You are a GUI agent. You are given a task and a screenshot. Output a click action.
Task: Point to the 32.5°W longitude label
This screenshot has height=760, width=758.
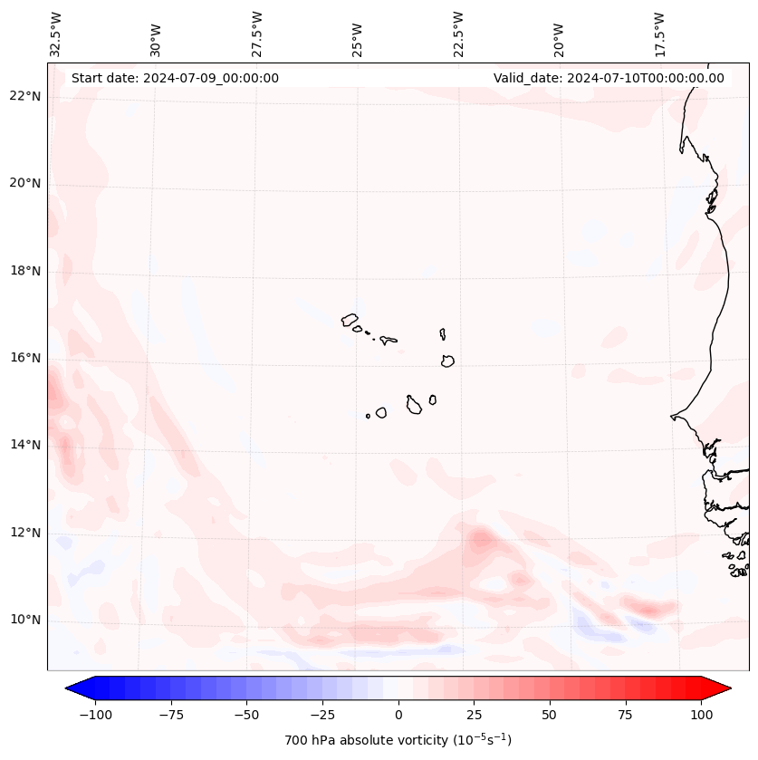56,34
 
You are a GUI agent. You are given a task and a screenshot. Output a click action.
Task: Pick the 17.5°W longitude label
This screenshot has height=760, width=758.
659,34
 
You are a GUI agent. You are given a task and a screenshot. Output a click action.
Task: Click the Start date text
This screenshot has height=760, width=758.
175,78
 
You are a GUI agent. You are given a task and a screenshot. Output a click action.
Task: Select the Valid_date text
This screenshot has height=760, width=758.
609,78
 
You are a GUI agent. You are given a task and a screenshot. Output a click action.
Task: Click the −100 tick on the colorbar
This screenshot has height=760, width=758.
95,715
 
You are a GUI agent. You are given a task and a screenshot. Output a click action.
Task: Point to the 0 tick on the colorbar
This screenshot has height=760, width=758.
398,715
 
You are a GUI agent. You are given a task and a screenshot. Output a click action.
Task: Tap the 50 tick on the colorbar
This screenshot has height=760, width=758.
550,715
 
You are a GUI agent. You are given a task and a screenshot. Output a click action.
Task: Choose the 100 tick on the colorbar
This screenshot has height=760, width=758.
701,715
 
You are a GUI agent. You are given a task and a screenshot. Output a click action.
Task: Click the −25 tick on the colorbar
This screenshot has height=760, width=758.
322,715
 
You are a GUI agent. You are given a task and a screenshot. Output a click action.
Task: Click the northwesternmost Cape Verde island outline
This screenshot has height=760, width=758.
350,320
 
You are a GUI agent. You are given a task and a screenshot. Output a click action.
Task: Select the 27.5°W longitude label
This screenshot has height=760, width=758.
257,34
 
